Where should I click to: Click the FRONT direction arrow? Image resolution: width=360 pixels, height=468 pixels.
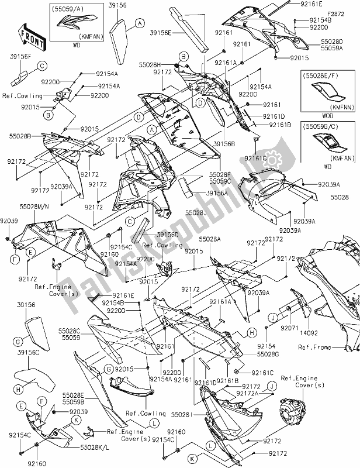pyautogui.click(x=30, y=36)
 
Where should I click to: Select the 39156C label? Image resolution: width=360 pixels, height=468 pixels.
pyautogui.click(x=27, y=353)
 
